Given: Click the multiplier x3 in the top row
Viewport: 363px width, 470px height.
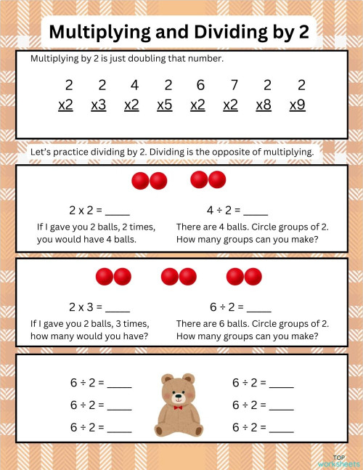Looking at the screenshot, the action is pos(99,105).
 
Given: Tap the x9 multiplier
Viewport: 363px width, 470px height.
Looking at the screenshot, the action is pos(297,105).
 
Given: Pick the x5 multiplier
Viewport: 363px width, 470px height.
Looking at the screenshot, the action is pos(165,105).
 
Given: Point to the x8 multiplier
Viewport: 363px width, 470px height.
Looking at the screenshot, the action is pos(264,105).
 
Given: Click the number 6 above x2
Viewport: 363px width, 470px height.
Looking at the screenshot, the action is pos(198,85).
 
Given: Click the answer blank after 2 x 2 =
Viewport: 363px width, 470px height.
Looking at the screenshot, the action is pos(118,211).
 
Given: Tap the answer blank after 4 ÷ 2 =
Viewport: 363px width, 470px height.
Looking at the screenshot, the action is pos(256,211).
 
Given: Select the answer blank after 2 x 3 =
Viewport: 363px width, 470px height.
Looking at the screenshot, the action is pos(118,307).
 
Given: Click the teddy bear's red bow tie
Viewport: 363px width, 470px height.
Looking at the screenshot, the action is pos(178,408).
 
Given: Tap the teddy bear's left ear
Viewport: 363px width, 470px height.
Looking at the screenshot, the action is pos(166,379).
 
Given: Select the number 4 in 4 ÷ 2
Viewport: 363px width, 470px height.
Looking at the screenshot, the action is pos(210,211).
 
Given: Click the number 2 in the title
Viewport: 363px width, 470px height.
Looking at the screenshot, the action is pos(305,32).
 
